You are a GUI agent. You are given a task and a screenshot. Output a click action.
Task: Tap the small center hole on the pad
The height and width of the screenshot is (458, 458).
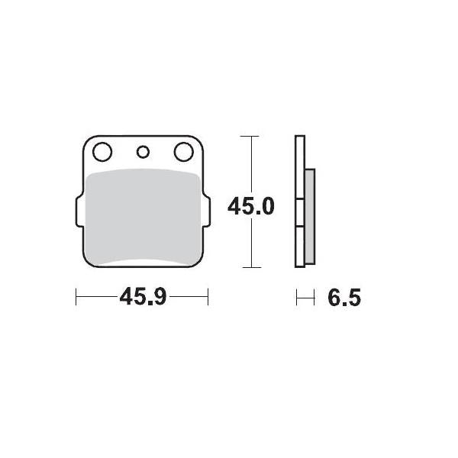click(x=141, y=152)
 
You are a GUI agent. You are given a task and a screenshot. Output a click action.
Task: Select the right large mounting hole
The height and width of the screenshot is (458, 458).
click(x=183, y=152)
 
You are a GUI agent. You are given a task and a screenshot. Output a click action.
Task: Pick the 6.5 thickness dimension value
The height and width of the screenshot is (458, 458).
click(x=343, y=298)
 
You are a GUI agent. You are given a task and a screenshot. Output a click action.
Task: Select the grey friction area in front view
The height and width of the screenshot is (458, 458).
click(x=141, y=218)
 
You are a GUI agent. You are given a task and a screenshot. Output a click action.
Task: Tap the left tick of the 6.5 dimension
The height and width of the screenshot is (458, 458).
click(x=297, y=298)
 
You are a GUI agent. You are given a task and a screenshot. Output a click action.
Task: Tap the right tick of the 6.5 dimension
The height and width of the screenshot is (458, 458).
click(x=314, y=298)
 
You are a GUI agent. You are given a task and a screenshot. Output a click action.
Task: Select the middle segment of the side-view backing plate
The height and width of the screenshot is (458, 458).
click(x=300, y=213)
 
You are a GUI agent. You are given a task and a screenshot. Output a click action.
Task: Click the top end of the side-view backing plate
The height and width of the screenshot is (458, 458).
click(x=300, y=139)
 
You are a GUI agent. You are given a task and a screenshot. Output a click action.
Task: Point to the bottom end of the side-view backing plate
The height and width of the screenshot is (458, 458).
click(x=300, y=264)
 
